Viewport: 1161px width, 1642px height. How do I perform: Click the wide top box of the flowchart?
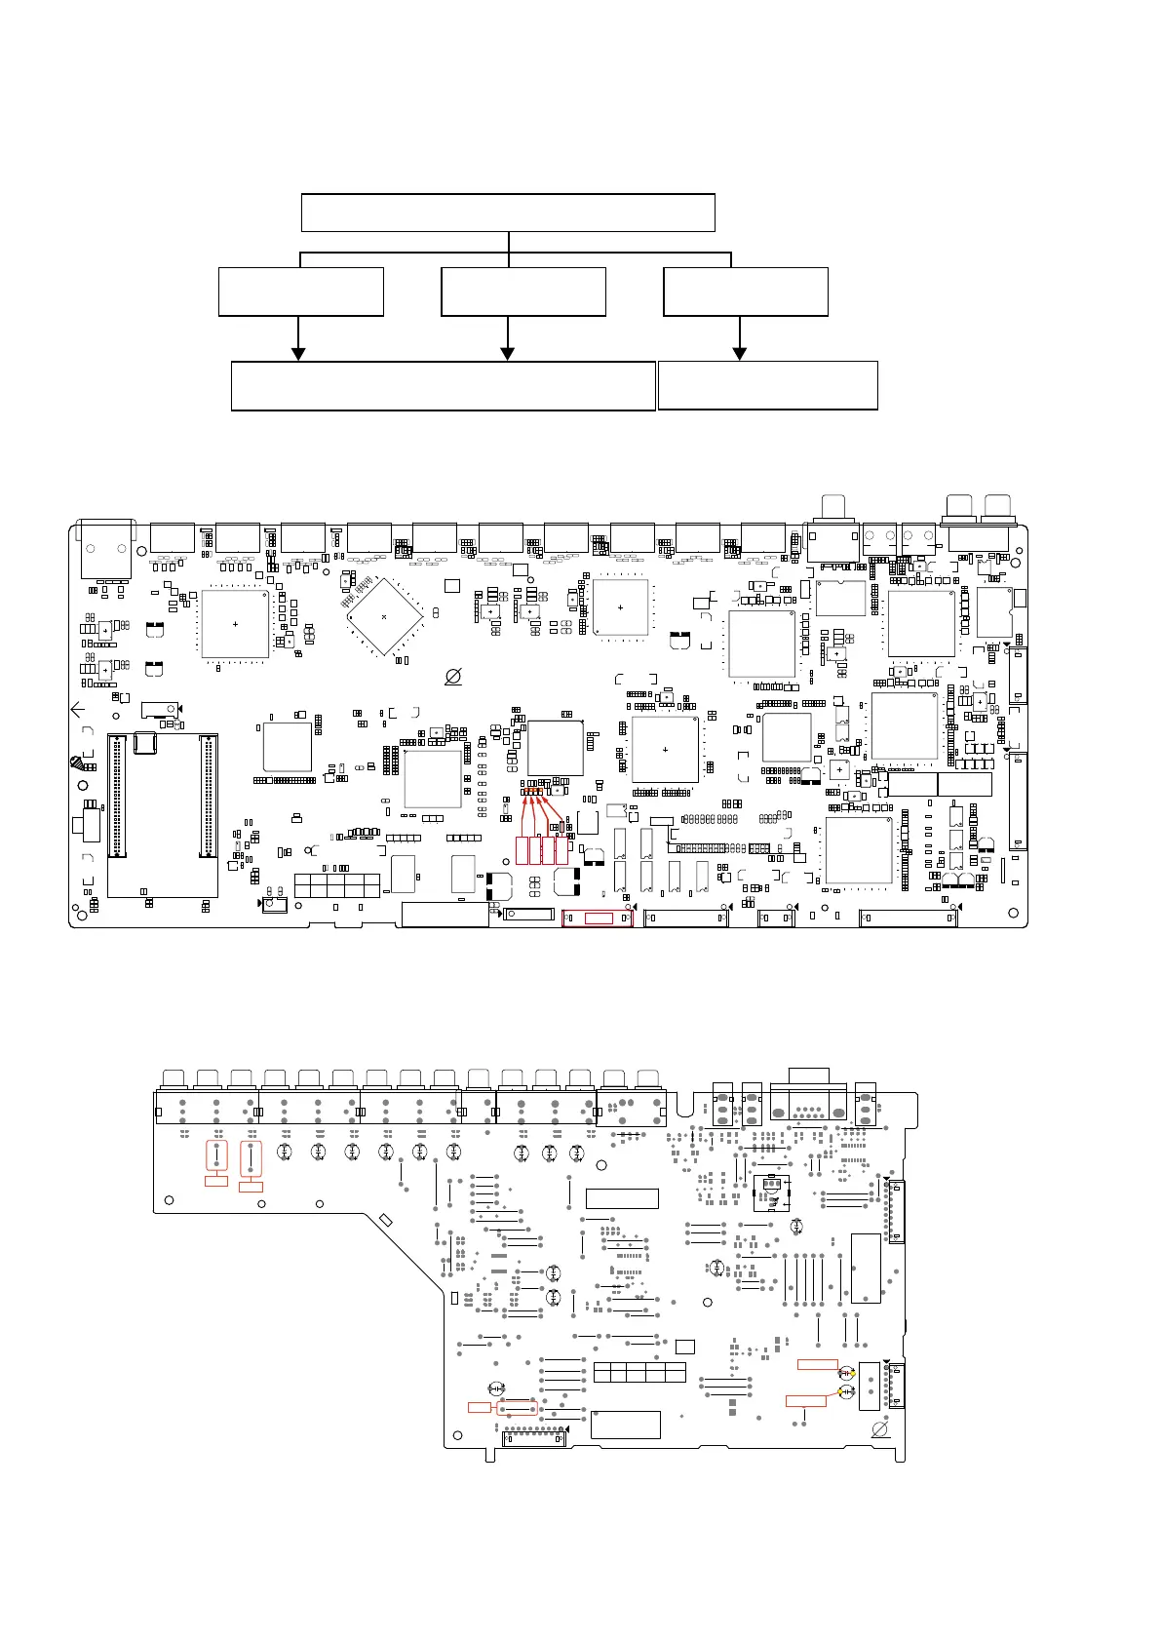[508, 213]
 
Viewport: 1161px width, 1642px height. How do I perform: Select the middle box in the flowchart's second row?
[523, 292]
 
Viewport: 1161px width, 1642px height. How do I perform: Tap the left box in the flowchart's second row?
[301, 292]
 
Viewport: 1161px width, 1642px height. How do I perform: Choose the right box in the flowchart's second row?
[746, 292]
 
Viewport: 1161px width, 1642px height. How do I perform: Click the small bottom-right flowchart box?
[768, 385]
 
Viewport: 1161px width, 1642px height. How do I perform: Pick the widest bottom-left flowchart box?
[443, 386]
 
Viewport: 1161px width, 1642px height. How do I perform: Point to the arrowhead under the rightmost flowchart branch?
[740, 353]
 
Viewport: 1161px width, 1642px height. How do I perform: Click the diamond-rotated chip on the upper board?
[385, 617]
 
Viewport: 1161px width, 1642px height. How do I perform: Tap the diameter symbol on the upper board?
[453, 676]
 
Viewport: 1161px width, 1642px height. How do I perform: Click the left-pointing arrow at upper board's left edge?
[78, 710]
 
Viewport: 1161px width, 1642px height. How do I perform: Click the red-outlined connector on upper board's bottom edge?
[598, 919]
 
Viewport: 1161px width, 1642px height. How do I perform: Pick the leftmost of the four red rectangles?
[522, 850]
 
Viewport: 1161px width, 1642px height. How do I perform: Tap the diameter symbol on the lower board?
[879, 1428]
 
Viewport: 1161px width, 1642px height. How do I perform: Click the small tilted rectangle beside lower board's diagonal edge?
[385, 1220]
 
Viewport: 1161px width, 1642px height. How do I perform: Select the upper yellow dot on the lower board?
[853, 1374]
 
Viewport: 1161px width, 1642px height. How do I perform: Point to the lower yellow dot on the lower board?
[840, 1390]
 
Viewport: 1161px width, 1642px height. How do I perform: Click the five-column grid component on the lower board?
[639, 1373]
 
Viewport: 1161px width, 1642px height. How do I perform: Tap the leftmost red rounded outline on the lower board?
[216, 1156]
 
